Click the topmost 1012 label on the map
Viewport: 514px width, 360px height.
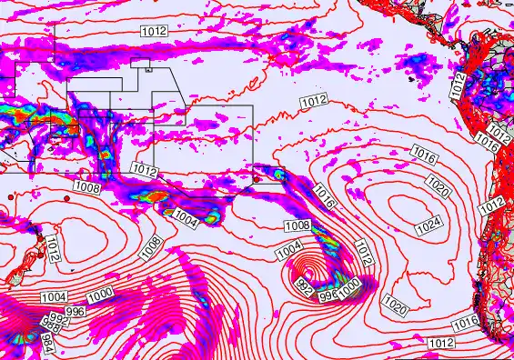click(x=154, y=32)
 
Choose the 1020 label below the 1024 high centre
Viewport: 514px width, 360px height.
click(x=396, y=305)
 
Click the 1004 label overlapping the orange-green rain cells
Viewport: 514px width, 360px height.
click(x=185, y=218)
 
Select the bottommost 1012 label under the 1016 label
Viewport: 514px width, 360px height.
click(x=440, y=343)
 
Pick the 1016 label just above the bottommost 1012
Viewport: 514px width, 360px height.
click(x=464, y=322)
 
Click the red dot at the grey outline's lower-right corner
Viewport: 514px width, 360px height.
click(x=257, y=178)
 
